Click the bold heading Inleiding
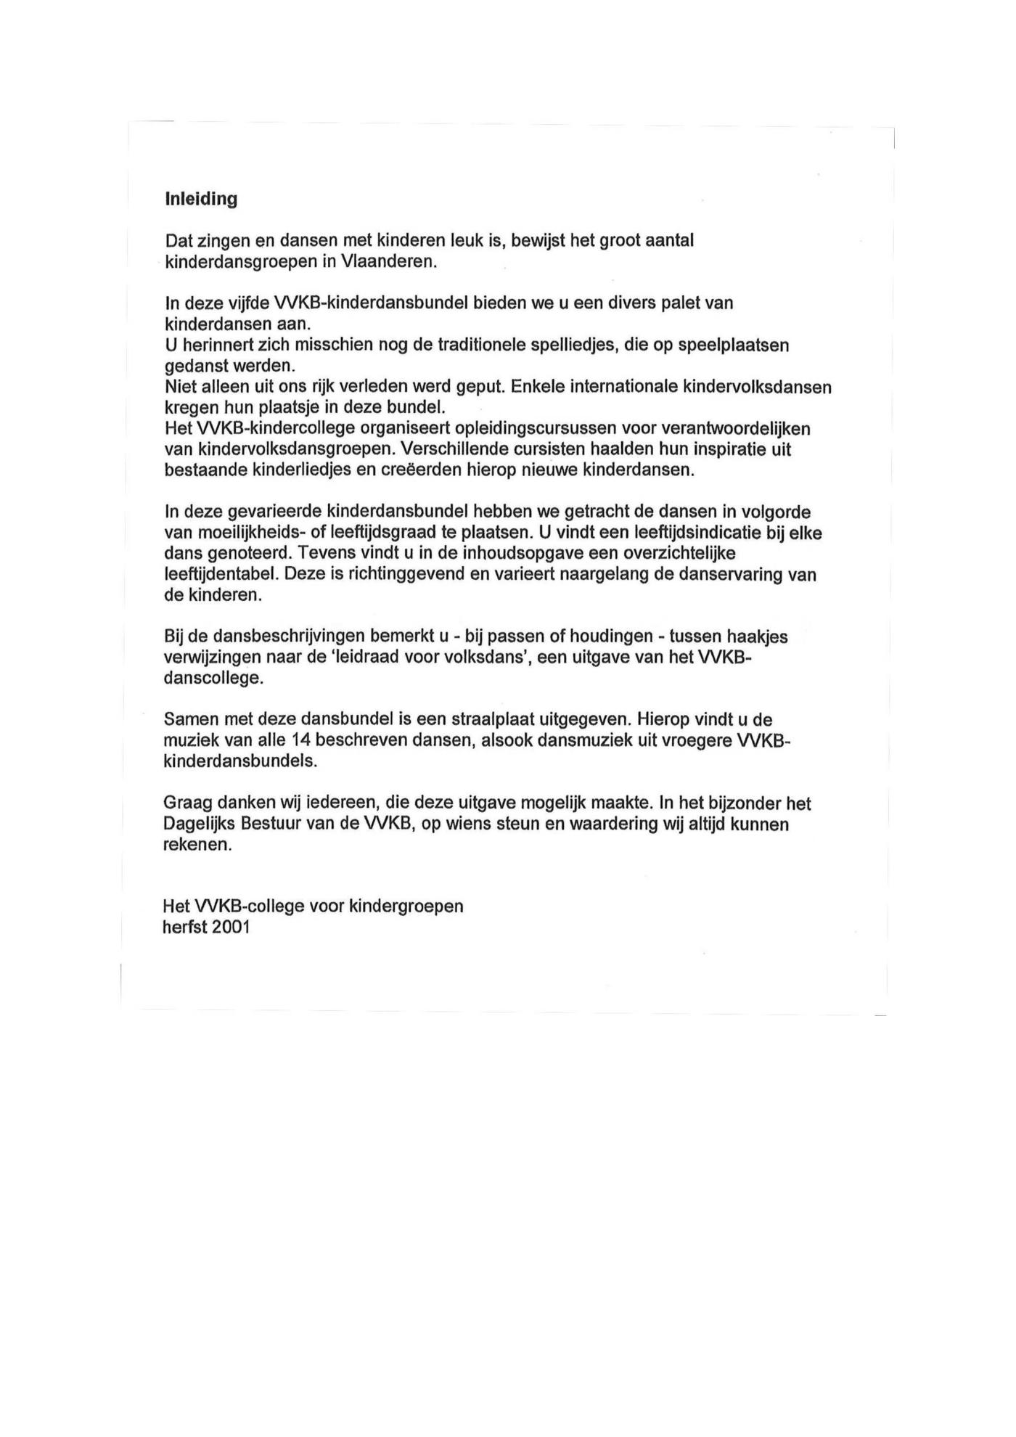pyautogui.click(x=201, y=199)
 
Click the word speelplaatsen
pyautogui.click(x=733, y=345)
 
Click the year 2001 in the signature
pyautogui.click(x=231, y=928)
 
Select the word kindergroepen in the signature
pyautogui.click(x=406, y=906)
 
